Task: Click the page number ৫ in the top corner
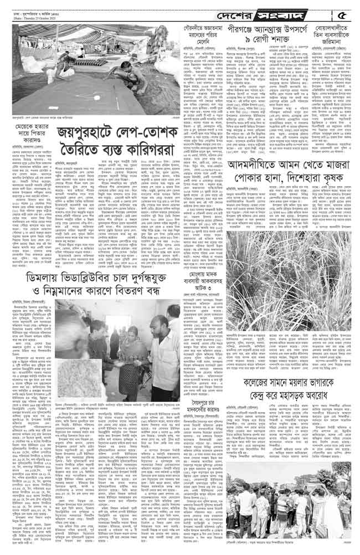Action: coord(344,12)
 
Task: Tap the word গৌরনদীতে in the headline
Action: coord(189,28)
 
